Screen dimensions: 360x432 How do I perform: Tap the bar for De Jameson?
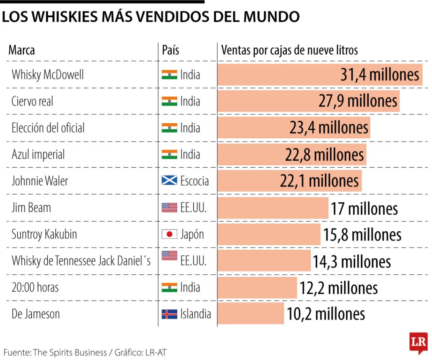(x=251, y=314)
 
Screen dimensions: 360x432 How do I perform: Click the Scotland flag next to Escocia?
(x=169, y=181)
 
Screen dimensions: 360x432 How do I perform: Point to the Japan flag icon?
(x=169, y=234)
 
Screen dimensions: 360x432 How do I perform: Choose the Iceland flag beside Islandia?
(x=169, y=314)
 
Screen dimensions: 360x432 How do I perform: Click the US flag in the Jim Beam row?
(x=169, y=208)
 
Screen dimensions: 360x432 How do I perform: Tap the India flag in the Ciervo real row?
(x=169, y=101)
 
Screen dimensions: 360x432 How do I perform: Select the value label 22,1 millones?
(x=319, y=181)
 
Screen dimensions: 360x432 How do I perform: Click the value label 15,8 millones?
(x=362, y=235)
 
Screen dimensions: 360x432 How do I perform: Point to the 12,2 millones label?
(x=338, y=288)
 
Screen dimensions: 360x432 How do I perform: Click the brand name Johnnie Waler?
(x=40, y=181)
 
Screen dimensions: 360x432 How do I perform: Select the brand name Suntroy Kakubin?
(x=44, y=234)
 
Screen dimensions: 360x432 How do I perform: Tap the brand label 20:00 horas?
(x=35, y=287)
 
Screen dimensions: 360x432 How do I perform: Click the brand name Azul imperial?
(x=38, y=154)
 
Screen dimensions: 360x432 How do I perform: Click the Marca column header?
(x=22, y=50)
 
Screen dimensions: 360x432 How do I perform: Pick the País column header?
(x=170, y=50)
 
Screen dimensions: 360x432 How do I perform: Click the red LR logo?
(x=418, y=341)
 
